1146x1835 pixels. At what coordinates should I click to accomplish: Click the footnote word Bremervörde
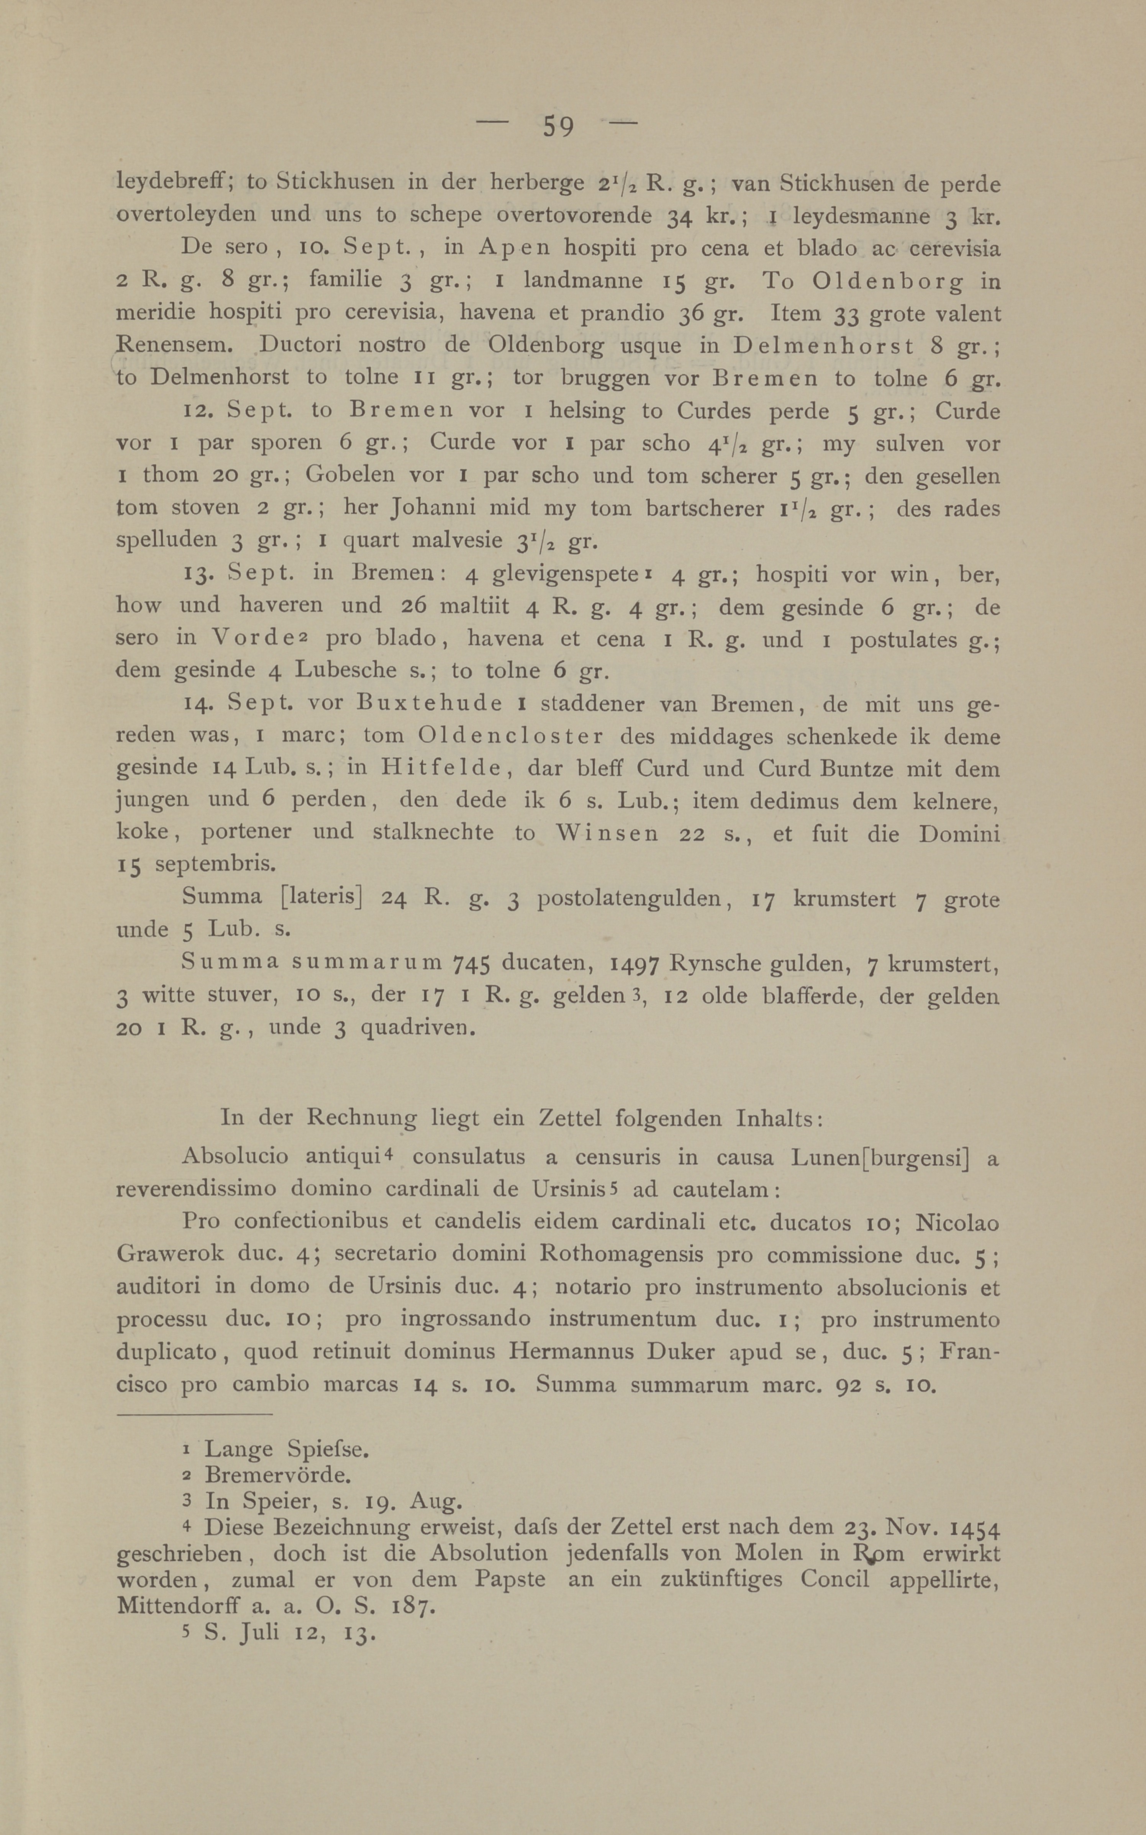tap(277, 1474)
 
